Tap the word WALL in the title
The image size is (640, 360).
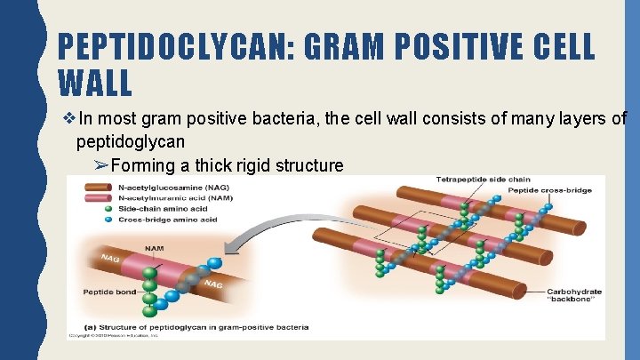95,83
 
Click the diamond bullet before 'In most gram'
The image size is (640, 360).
68,118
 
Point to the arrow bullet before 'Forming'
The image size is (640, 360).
100,164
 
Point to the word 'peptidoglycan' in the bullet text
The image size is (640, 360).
132,141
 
